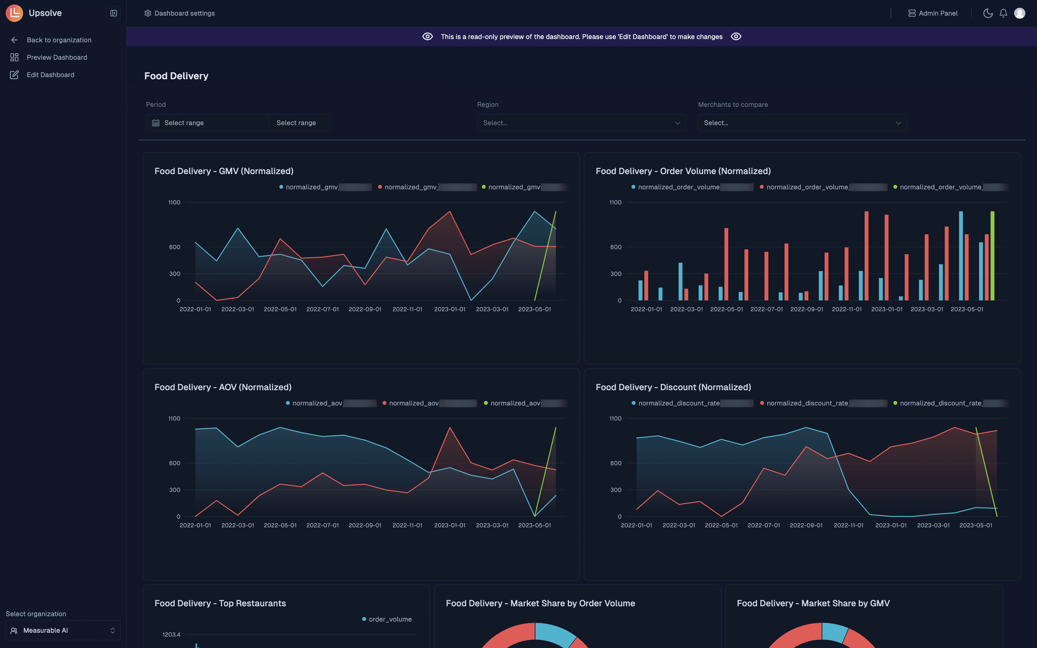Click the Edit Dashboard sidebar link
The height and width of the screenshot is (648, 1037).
click(x=50, y=74)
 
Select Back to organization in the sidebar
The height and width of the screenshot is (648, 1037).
click(x=59, y=40)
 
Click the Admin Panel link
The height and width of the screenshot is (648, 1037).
click(x=933, y=13)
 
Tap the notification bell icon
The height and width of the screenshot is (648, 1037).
click(x=1003, y=13)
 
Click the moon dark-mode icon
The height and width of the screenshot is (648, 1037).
click(x=988, y=13)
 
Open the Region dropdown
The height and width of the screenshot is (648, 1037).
click(x=581, y=123)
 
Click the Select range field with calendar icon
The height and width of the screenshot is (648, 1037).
click(x=207, y=123)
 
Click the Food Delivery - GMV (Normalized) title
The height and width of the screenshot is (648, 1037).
click(x=224, y=171)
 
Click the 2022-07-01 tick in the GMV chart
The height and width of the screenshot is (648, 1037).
click(x=322, y=309)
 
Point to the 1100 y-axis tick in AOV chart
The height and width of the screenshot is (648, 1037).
click(x=174, y=418)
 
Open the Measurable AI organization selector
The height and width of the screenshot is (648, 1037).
click(x=63, y=630)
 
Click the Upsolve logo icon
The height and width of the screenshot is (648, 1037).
click(x=14, y=13)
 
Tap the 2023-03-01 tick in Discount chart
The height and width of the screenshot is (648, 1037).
click(x=933, y=525)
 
